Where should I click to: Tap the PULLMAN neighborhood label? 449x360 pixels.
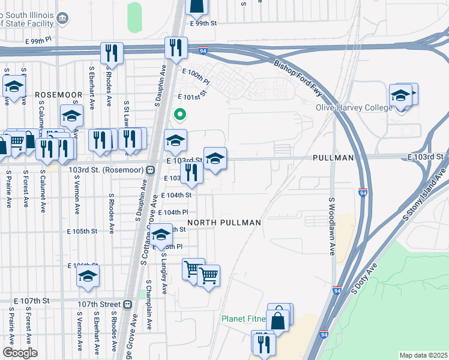click(333, 157)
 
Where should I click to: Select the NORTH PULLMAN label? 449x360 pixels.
click(224, 223)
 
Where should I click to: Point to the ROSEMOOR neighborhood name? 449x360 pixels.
click(58, 95)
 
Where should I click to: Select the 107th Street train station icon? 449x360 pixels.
click(127, 304)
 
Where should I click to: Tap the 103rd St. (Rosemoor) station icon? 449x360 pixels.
click(148, 170)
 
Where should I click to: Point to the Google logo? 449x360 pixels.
click(20, 353)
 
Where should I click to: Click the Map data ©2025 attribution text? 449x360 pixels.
click(423, 355)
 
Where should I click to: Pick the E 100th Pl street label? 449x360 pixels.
click(196, 76)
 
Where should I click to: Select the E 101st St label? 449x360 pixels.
click(191, 95)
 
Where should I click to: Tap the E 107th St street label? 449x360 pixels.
click(31, 300)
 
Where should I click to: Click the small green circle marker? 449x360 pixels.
click(179, 113)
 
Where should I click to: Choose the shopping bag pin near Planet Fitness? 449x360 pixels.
click(279, 319)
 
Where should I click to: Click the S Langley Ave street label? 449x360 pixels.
click(163, 273)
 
